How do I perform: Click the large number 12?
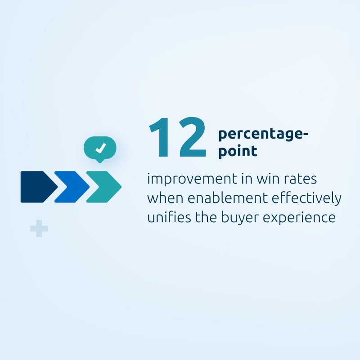(177, 137)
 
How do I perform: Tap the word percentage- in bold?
(263, 134)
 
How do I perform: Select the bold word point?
(238, 151)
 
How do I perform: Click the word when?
(165, 198)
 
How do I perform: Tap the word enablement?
(228, 198)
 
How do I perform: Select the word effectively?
(306, 198)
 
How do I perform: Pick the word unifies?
(169, 217)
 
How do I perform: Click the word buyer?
(240, 218)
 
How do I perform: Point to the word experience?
(299, 218)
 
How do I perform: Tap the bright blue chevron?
(72, 187)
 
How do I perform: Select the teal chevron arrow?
(104, 187)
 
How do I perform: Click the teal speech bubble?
(100, 148)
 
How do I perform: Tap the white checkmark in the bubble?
(101, 148)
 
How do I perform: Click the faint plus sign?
(39, 229)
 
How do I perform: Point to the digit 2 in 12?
(193, 137)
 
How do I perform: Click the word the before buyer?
(206, 217)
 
